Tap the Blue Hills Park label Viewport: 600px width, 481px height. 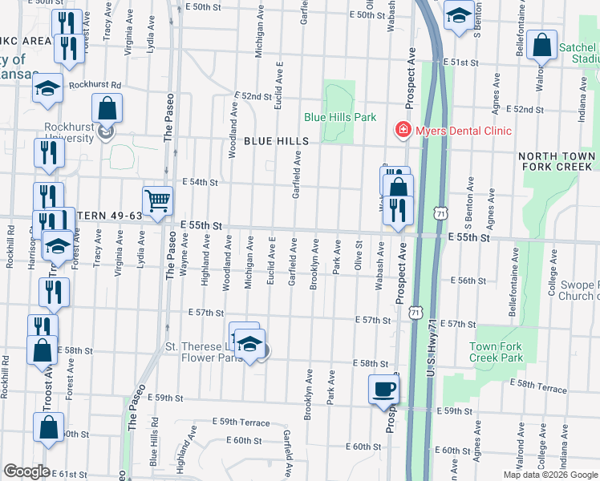click(x=340, y=117)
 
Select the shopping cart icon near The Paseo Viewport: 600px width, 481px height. click(x=157, y=200)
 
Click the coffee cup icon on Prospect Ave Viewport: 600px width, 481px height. click(x=383, y=390)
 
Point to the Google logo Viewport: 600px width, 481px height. click(x=26, y=471)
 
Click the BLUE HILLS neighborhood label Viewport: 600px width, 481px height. click(x=276, y=141)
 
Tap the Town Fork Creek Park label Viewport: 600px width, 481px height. click(x=496, y=352)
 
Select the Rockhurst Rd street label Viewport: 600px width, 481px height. click(x=94, y=84)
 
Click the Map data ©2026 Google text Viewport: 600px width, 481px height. click(x=550, y=475)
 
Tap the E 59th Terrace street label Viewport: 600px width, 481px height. click(x=241, y=422)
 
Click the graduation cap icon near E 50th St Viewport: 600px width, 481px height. click(x=459, y=16)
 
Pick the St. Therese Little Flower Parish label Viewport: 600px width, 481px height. click(x=205, y=352)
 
